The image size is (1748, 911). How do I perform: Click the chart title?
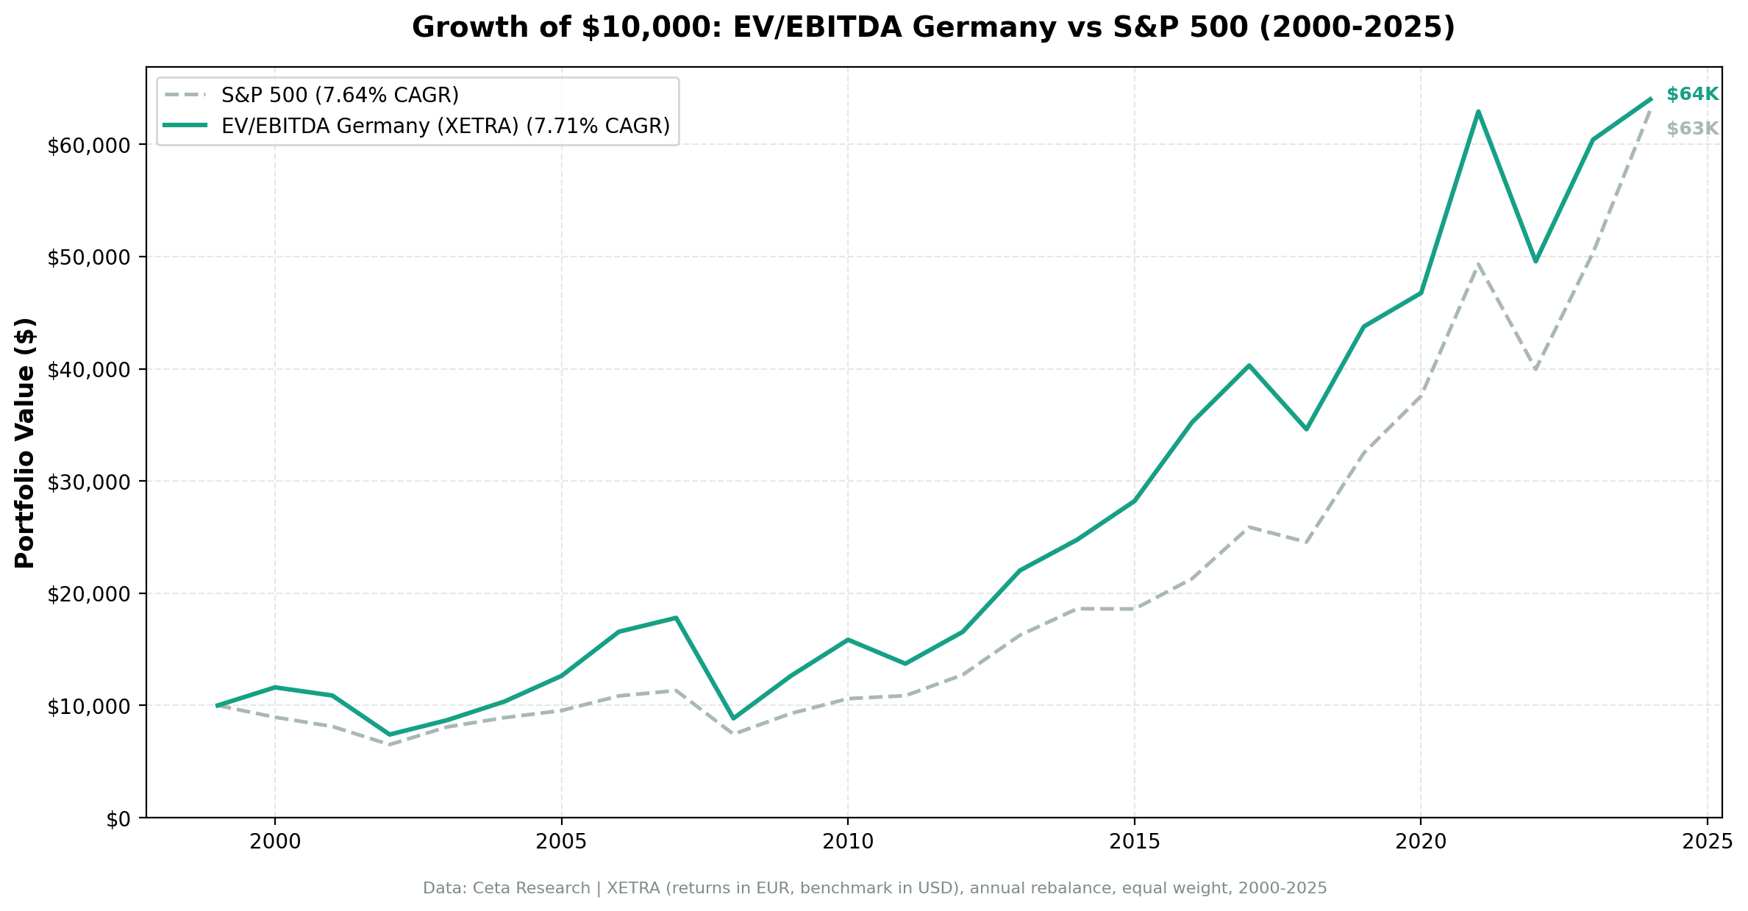coord(933,28)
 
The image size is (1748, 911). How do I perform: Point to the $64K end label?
coord(1691,94)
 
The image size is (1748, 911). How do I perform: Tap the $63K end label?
coord(1691,129)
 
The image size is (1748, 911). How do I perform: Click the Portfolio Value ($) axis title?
coord(26,443)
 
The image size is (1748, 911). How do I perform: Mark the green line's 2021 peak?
coord(1477,112)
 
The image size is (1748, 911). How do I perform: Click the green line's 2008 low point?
coord(732,718)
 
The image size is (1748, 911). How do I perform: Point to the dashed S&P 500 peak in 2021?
coord(1477,263)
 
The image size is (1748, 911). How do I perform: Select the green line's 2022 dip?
coord(1535,261)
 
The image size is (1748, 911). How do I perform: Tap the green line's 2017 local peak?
coord(1249,365)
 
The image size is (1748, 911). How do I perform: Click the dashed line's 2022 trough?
coord(1535,368)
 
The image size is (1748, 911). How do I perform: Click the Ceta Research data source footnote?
coord(874,888)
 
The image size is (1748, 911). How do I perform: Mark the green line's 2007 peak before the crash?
coord(676,618)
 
